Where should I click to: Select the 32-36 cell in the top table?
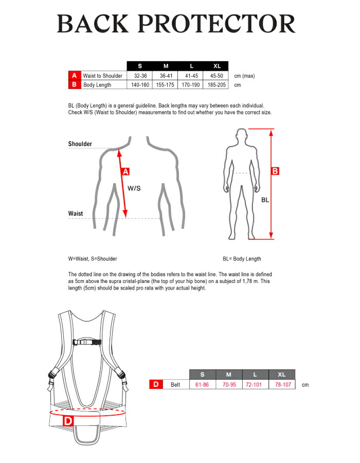(x=140, y=76)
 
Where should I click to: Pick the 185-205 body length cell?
(x=217, y=85)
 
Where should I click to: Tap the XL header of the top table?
(x=217, y=66)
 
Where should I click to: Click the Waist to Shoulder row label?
(x=103, y=76)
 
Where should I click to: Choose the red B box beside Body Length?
(x=74, y=85)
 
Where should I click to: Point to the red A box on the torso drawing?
(x=125, y=171)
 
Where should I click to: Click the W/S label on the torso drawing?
(x=134, y=188)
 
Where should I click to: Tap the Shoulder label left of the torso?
(x=80, y=144)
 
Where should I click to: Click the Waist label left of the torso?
(x=76, y=213)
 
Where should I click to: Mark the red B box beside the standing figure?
(x=275, y=171)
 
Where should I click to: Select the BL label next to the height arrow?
(x=265, y=200)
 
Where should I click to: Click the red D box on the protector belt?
(x=68, y=420)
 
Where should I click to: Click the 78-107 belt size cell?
(x=283, y=384)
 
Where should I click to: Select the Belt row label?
(x=175, y=384)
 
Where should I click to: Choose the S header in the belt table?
(x=202, y=374)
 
